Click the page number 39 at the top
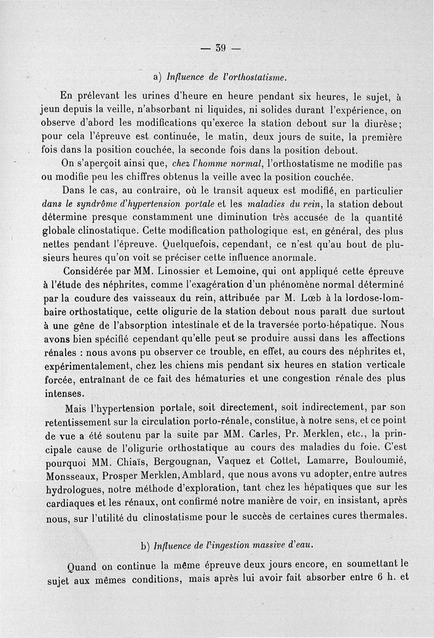[220, 48]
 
